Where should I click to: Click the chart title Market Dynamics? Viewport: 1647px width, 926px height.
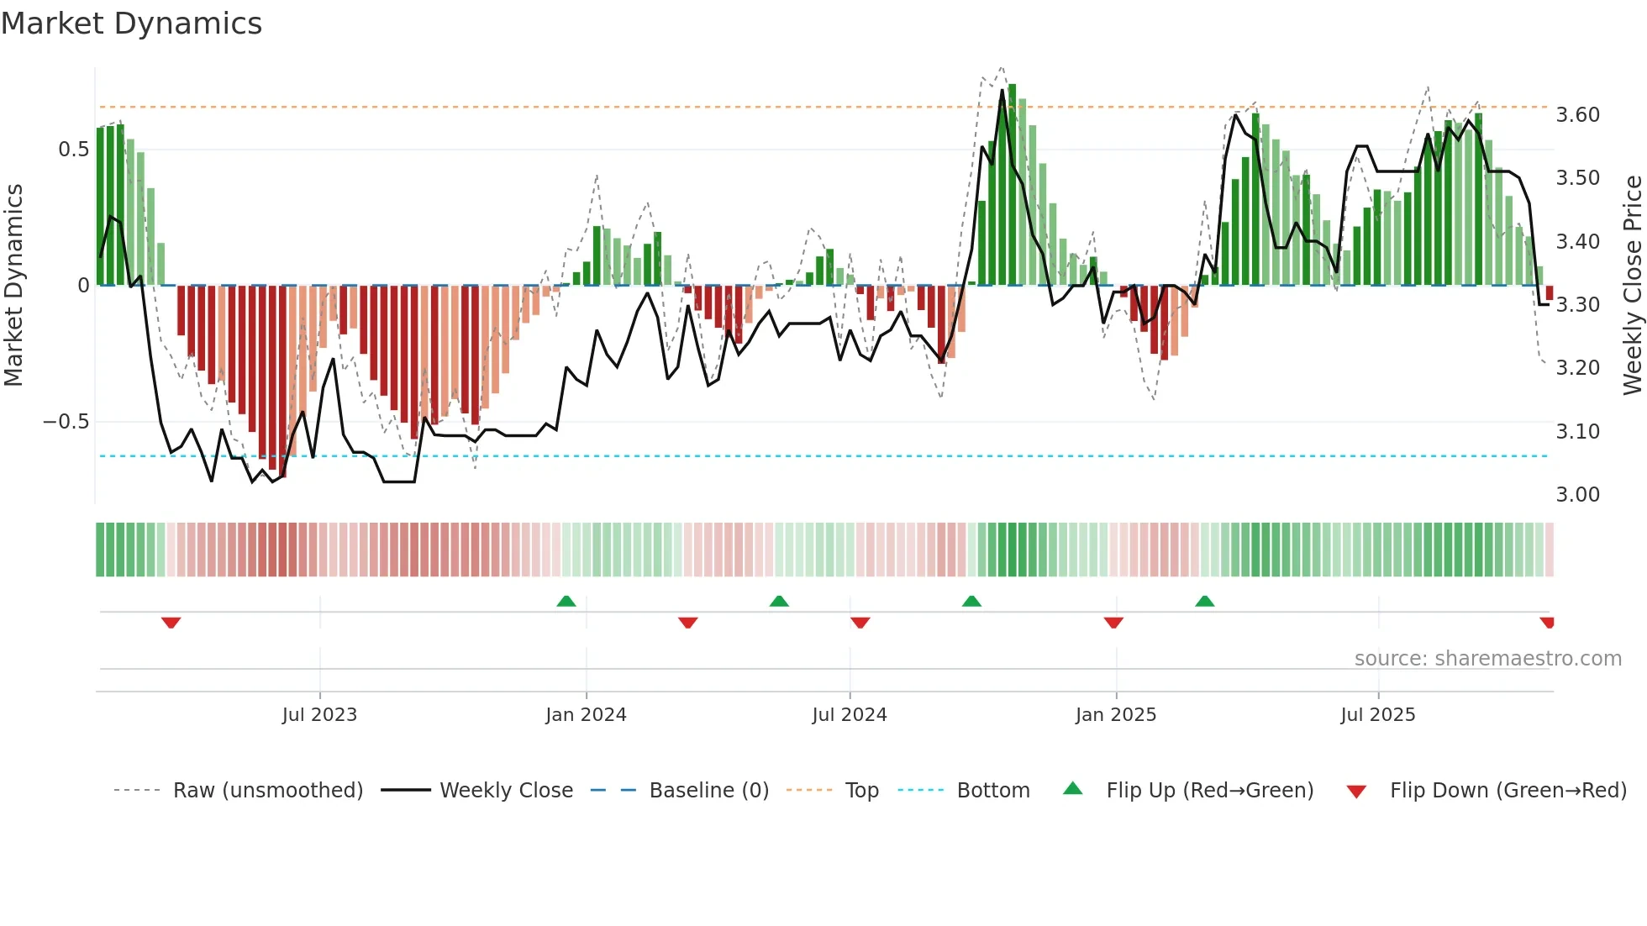point(132,24)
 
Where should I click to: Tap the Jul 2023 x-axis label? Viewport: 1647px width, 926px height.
point(319,715)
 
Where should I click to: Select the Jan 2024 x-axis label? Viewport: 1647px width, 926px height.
point(586,715)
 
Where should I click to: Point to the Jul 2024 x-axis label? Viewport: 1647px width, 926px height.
point(850,715)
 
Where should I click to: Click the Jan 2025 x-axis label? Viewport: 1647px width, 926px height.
point(1116,715)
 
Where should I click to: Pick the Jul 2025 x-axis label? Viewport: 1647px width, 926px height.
point(1378,715)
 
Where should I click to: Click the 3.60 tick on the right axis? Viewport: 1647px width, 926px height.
point(1577,115)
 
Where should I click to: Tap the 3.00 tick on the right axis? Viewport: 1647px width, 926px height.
point(1577,495)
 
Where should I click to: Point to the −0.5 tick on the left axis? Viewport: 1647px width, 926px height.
point(66,422)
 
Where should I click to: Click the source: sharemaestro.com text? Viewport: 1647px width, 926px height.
point(1487,659)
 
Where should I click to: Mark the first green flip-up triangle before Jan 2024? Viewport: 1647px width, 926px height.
point(566,602)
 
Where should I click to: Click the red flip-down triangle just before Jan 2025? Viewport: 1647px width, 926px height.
point(1113,623)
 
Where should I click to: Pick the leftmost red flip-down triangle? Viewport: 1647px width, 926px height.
point(171,623)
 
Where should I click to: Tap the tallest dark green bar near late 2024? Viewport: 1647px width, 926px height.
point(1012,185)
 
